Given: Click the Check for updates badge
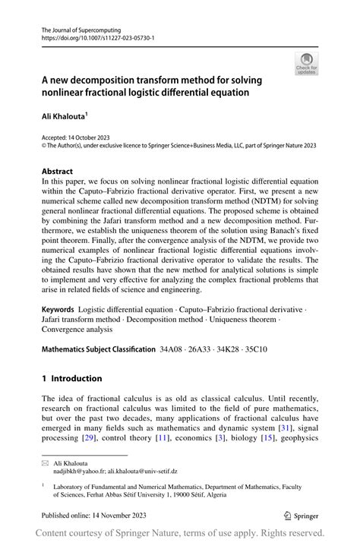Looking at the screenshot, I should (x=306, y=65).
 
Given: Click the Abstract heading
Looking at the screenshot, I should (x=58, y=172).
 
